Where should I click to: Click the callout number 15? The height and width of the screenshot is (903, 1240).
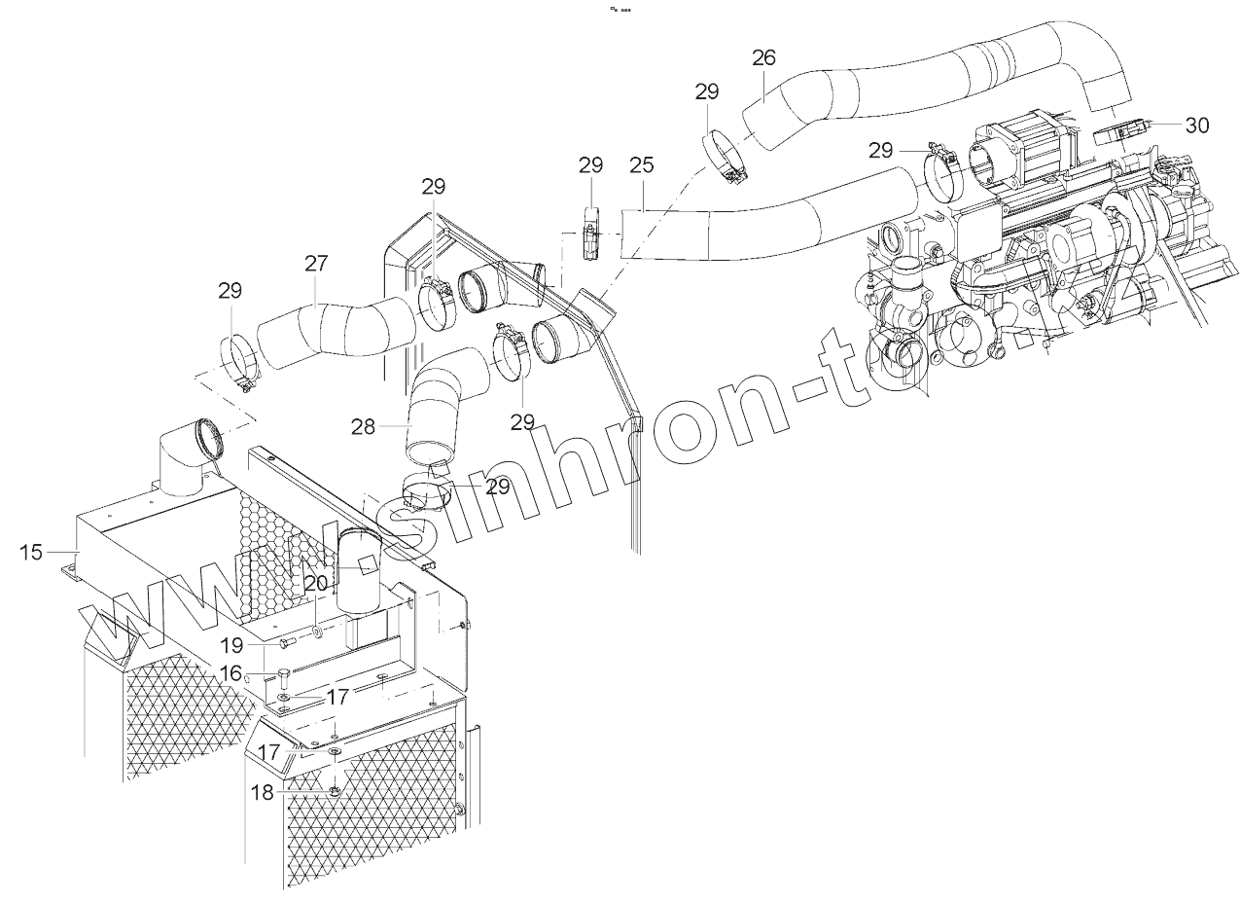(31, 553)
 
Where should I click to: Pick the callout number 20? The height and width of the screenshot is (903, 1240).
(316, 583)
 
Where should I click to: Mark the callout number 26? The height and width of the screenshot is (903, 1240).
(763, 57)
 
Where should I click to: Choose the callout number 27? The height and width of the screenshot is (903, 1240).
(316, 264)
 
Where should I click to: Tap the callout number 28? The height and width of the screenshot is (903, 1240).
(363, 426)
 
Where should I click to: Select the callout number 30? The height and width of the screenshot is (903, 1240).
(1197, 125)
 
